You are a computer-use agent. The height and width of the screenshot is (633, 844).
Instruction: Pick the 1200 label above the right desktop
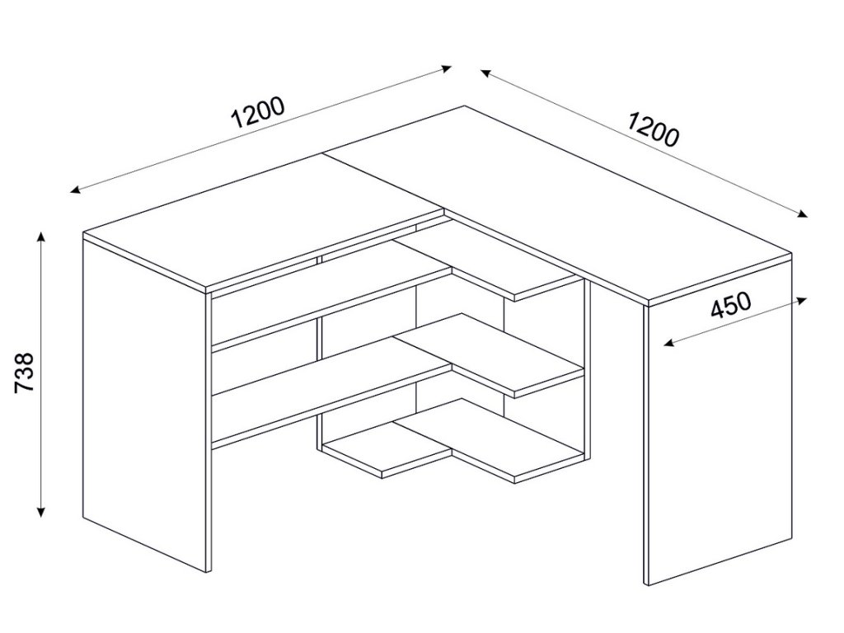(653, 128)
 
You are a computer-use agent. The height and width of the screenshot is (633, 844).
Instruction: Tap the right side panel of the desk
(717, 437)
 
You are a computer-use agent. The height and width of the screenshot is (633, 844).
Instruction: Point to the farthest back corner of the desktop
(463, 106)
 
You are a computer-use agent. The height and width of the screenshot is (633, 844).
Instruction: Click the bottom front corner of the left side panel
(205, 571)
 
